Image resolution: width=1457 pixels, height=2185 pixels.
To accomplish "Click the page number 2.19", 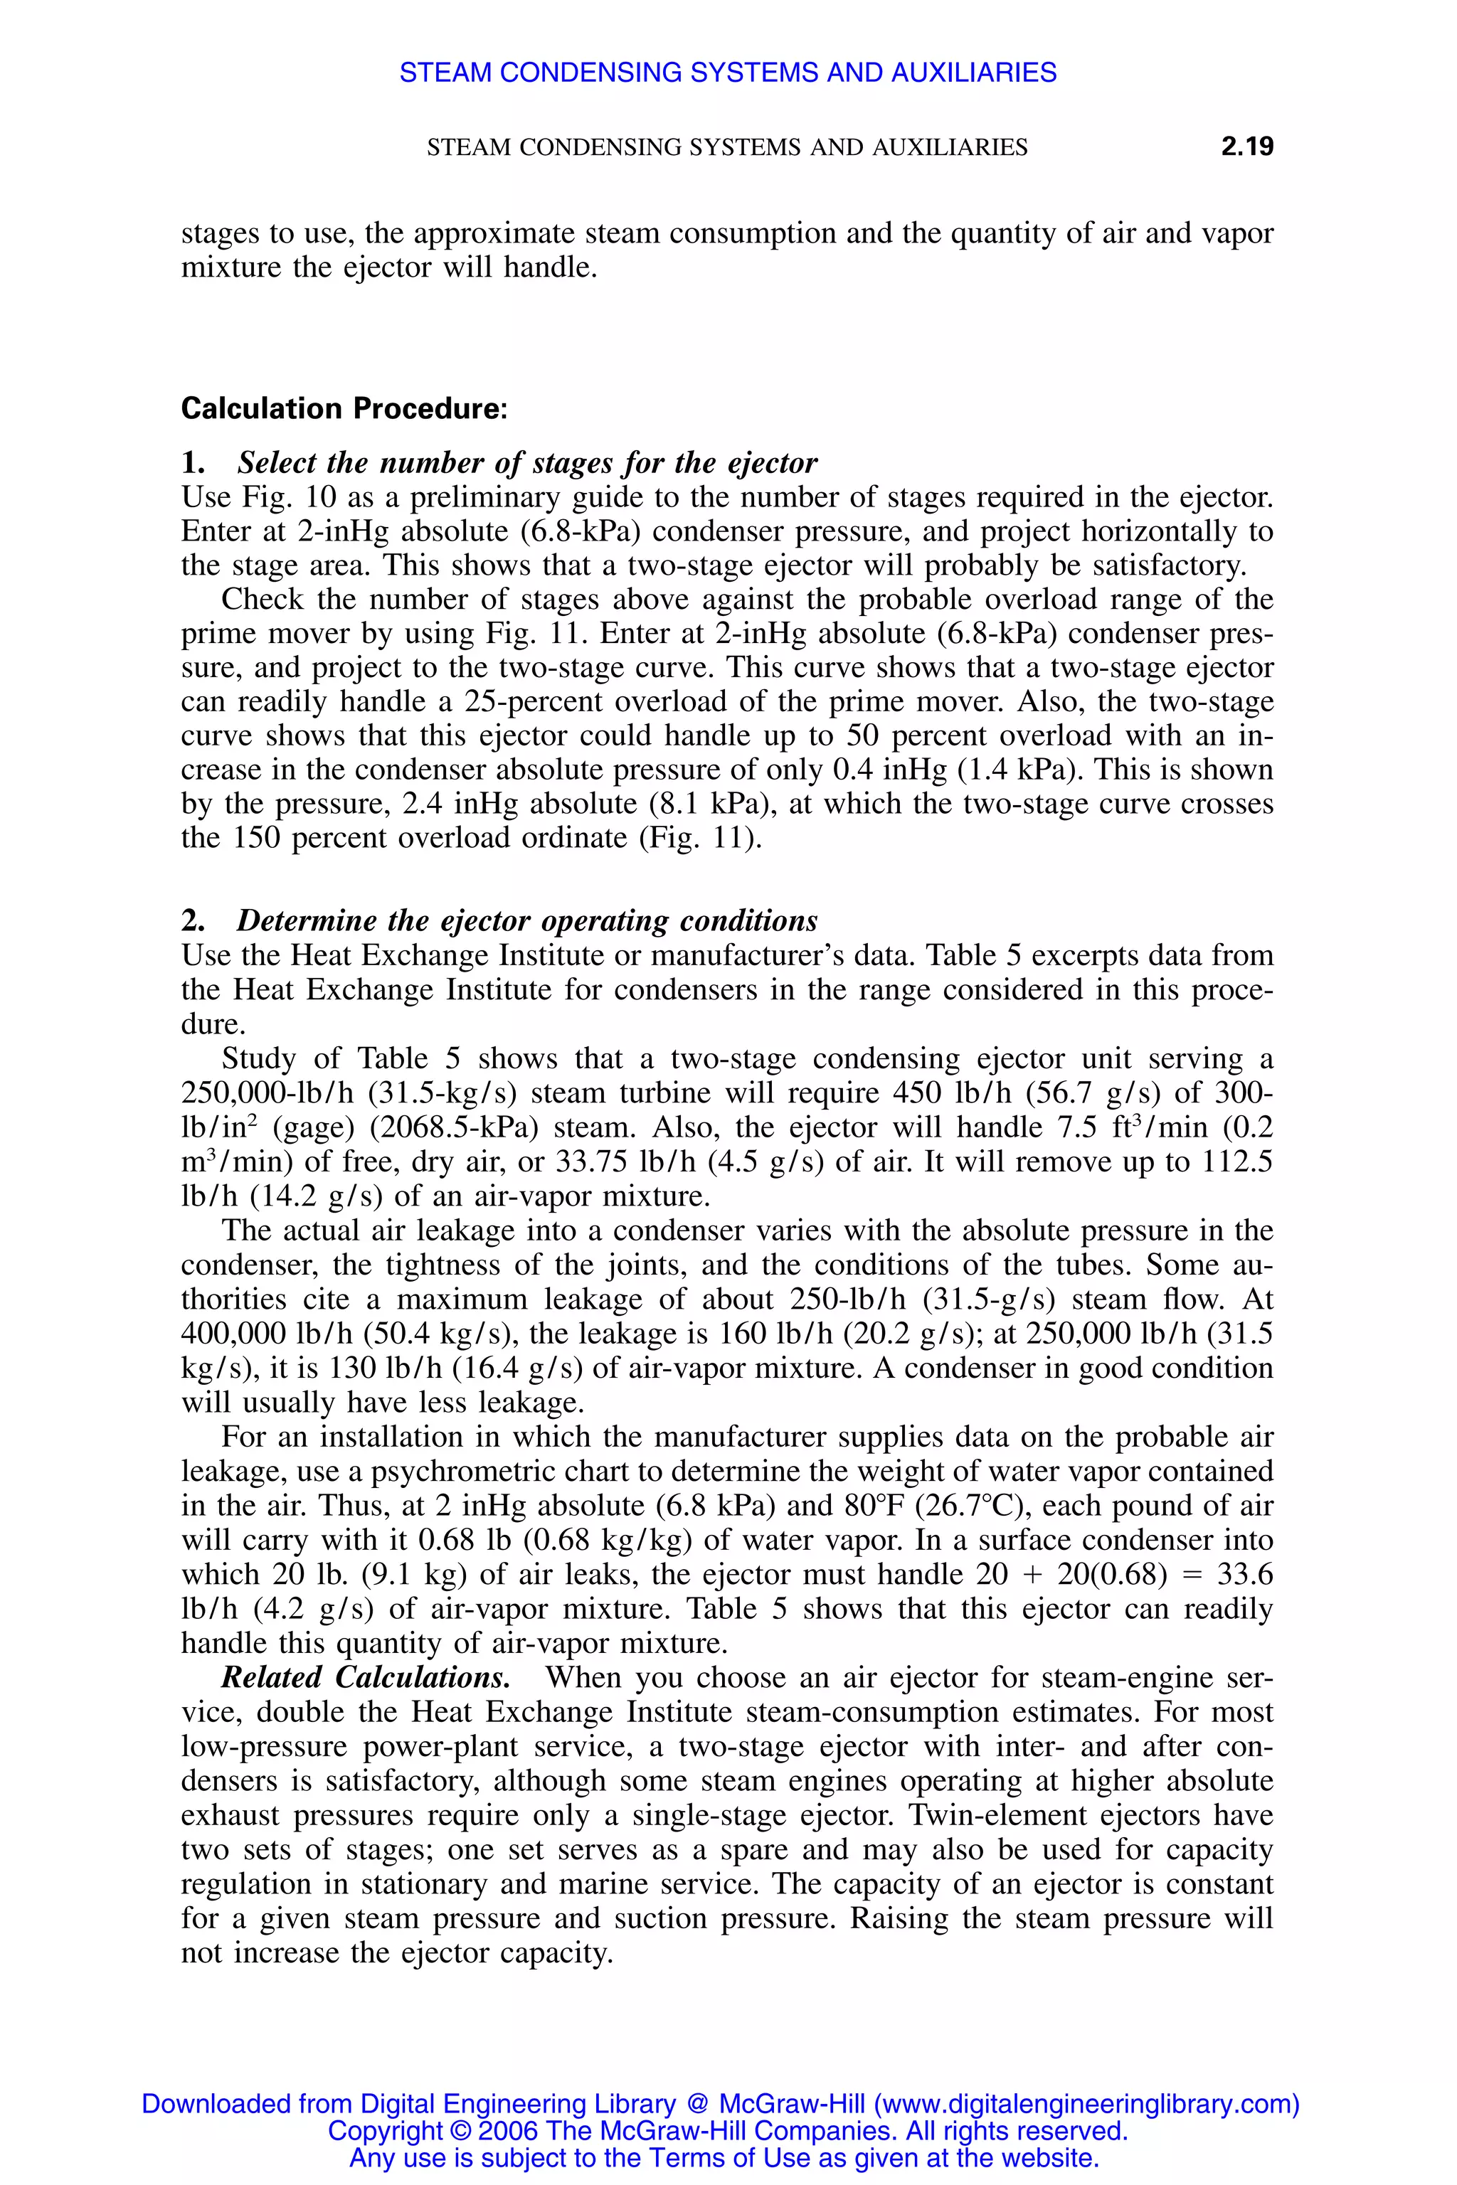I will click(1247, 147).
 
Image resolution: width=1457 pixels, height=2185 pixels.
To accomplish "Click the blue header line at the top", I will click(728, 73).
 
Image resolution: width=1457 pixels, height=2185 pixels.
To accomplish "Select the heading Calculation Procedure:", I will click(344, 409).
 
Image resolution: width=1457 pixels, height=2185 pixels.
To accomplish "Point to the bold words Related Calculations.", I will click(365, 1678).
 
